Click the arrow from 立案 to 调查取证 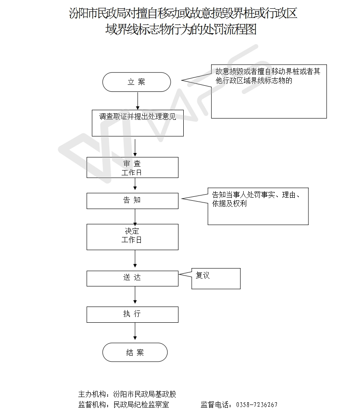coord(138,101)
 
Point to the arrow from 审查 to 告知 coord(135,184)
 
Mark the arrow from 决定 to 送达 coord(135,259)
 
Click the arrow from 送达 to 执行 coord(135,295)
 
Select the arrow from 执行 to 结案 coord(135,331)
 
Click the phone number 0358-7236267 coord(257,405)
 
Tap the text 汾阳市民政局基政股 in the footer coord(144,394)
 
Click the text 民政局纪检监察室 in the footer coord(141,405)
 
